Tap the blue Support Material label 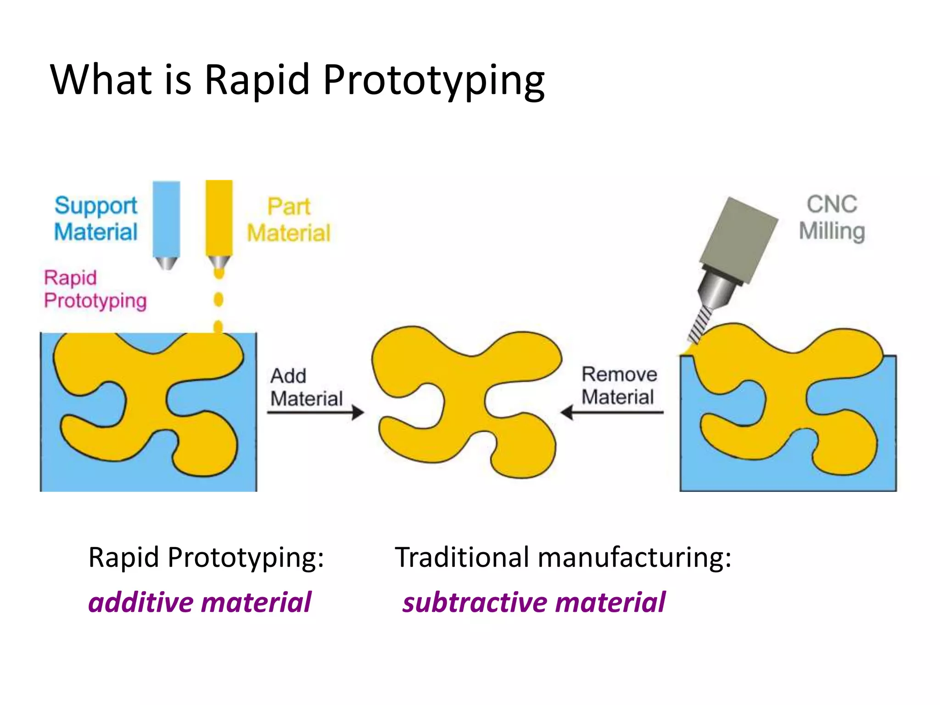point(95,218)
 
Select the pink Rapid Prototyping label point(95,289)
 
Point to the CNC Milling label point(832,218)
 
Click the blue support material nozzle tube point(166,219)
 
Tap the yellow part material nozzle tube point(219,218)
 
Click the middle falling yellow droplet point(218,300)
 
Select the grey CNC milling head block point(738,239)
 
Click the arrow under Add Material point(316,412)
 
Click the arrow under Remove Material point(612,412)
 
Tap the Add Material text point(306,387)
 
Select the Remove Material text point(618,386)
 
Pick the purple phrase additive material point(200,602)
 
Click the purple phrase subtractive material point(533,602)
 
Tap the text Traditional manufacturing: point(563,558)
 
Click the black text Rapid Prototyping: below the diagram point(206,558)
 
